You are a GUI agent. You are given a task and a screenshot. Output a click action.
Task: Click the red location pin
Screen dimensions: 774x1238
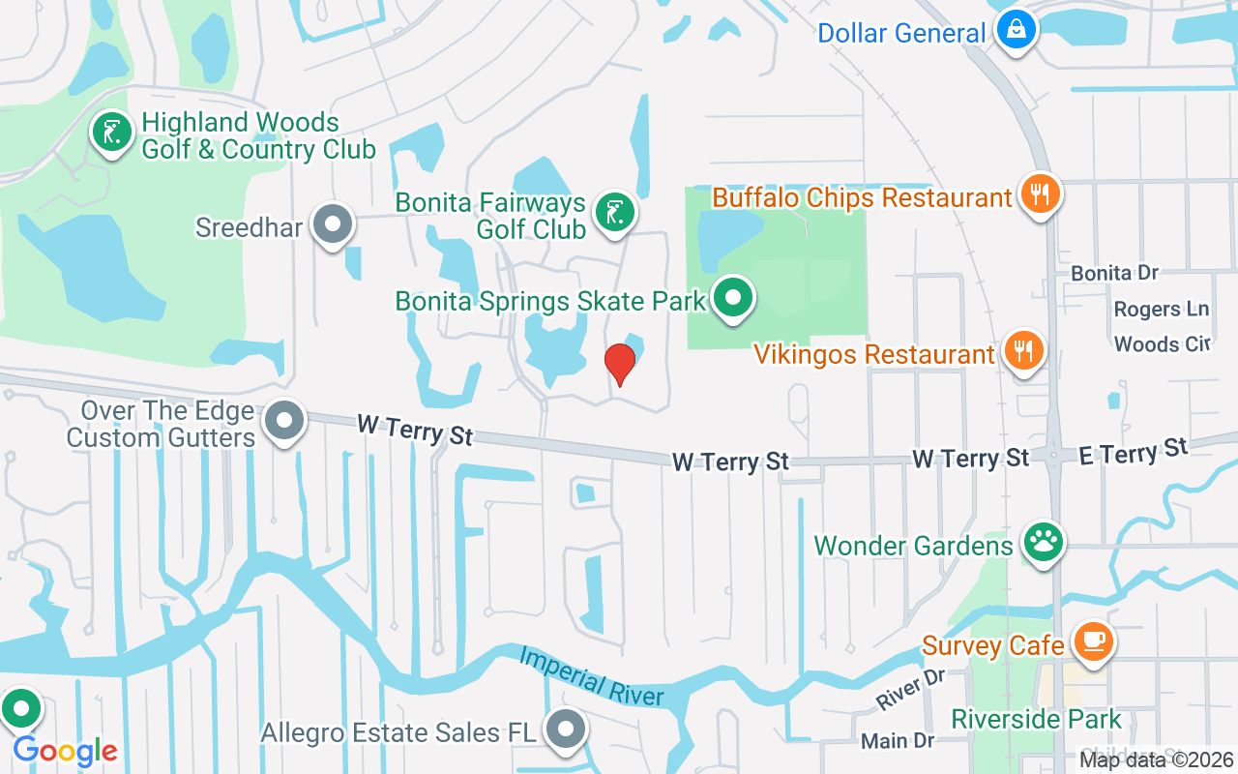click(x=619, y=363)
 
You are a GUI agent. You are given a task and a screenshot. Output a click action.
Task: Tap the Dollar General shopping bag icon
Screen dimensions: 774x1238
click(x=1017, y=30)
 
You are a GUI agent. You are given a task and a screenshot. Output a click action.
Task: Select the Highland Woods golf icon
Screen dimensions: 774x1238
click(x=112, y=134)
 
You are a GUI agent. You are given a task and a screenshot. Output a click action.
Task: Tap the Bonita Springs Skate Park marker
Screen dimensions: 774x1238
click(x=734, y=298)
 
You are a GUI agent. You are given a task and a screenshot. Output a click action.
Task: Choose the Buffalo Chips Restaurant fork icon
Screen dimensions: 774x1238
click(x=1041, y=194)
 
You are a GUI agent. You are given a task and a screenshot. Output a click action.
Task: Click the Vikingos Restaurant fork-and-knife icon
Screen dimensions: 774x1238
click(x=1023, y=350)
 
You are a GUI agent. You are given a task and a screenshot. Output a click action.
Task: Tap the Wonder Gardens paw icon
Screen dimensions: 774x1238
click(x=1043, y=543)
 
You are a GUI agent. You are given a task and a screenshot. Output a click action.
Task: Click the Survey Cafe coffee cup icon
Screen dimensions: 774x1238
click(x=1093, y=641)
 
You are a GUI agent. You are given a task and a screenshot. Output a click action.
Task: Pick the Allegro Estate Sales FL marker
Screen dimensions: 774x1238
click(x=566, y=730)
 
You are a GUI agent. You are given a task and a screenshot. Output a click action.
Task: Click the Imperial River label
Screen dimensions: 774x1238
click(x=592, y=676)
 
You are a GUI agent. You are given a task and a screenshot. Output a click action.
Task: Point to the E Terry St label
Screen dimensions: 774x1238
click(x=1133, y=451)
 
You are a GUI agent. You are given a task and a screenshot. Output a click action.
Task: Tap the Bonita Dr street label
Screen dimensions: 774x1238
click(x=1114, y=274)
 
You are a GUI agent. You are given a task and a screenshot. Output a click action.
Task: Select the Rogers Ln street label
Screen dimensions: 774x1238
click(x=1161, y=310)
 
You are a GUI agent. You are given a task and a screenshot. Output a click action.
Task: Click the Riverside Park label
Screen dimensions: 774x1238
click(x=1036, y=720)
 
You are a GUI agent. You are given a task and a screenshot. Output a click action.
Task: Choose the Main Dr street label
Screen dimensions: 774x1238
click(x=898, y=741)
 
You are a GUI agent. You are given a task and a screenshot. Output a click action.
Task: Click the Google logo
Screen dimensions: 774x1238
click(x=65, y=751)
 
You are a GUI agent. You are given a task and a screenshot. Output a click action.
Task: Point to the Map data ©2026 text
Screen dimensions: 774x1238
click(x=1155, y=759)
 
